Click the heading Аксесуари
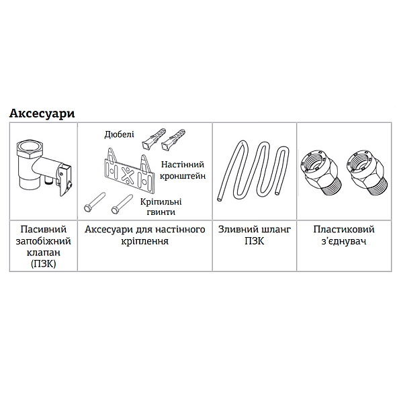(42, 114)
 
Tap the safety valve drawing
(44, 167)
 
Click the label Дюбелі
(120, 134)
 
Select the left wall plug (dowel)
(153, 138)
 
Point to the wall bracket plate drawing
(129, 170)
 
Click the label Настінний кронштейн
(183, 170)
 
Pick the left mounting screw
(95, 201)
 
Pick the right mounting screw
(122, 204)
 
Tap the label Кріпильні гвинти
(161, 207)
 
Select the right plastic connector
(367, 173)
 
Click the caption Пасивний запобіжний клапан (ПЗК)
(44, 247)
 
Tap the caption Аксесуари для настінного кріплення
(145, 235)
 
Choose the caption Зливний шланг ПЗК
(255, 235)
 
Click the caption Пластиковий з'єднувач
(344, 235)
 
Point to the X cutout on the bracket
(126, 173)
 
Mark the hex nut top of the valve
(28, 148)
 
